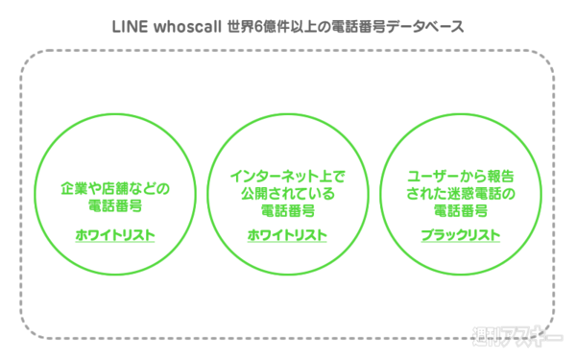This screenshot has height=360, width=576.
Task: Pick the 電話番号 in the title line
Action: click(x=355, y=26)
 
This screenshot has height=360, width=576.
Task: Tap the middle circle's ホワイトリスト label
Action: click(x=287, y=235)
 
